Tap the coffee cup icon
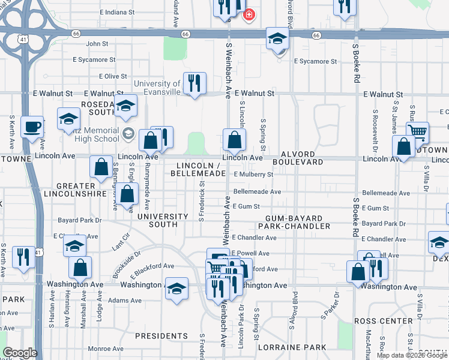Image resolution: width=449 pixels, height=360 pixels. pyautogui.click(x=32, y=127)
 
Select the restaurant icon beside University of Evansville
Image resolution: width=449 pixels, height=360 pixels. pyautogui.click(x=194, y=83)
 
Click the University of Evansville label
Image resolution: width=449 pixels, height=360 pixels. pyautogui.click(x=157, y=88)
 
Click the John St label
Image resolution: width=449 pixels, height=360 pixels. pyautogui.click(x=97, y=44)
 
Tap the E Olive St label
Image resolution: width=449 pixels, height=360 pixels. pyautogui.click(x=108, y=76)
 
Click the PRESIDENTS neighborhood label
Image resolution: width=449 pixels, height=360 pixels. pyautogui.click(x=161, y=336)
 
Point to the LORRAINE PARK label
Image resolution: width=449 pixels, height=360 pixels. pyautogui.click(x=292, y=347)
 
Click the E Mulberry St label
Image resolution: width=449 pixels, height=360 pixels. pyautogui.click(x=253, y=175)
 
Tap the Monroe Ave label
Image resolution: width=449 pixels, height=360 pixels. pyautogui.click(x=107, y=348)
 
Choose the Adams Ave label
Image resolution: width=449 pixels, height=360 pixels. pyautogui.click(x=124, y=300)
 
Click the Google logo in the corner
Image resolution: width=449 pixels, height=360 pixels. pyautogui.click(x=19, y=353)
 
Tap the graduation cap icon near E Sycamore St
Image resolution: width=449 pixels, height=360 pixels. pyautogui.click(x=277, y=39)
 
